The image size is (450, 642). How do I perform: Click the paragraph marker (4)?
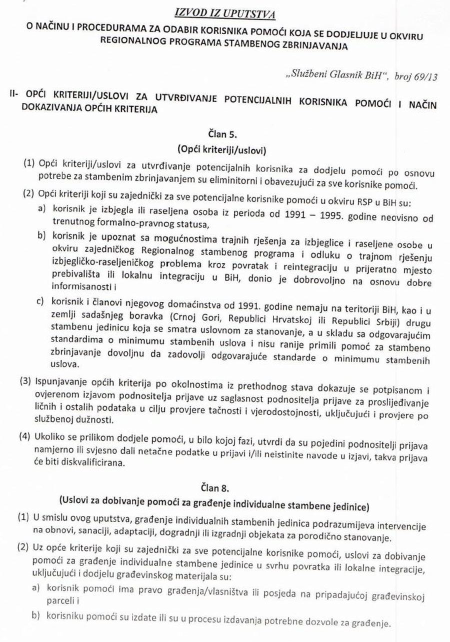24,435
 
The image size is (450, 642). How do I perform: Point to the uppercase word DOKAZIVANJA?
43,109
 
